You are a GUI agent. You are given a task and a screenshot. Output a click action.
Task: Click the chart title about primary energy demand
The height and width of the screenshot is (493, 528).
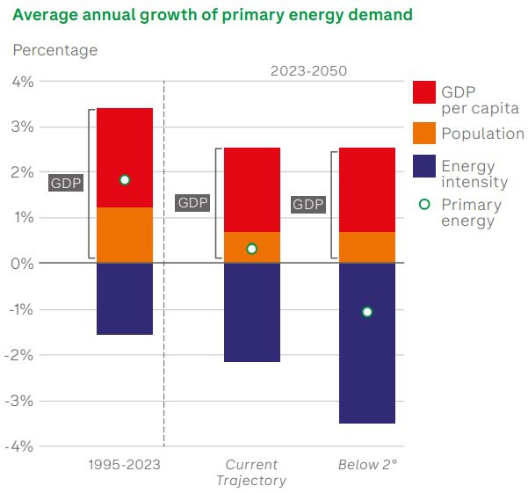click(x=213, y=16)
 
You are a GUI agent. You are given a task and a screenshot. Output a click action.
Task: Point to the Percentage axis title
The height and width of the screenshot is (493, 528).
click(x=54, y=50)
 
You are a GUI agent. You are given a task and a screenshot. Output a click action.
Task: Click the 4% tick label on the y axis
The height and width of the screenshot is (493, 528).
click(x=23, y=82)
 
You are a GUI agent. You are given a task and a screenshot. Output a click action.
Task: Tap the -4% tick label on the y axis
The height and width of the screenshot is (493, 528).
click(x=20, y=446)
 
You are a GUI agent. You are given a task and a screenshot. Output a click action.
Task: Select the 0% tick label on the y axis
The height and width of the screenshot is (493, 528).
click(x=23, y=264)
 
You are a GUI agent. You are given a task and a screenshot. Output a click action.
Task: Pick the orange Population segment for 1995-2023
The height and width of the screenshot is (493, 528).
click(x=125, y=236)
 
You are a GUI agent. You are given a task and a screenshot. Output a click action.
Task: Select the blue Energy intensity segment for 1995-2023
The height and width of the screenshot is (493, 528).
click(x=125, y=299)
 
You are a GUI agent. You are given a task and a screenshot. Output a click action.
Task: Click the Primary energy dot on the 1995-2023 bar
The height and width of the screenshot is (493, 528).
click(x=125, y=179)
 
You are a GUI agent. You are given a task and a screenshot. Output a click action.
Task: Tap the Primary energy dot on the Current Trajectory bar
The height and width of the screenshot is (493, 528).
click(x=252, y=249)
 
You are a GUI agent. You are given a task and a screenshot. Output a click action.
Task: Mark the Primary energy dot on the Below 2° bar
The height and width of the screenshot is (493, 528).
click(x=367, y=312)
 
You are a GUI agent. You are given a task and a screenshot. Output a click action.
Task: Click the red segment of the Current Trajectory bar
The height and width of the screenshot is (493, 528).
click(x=252, y=190)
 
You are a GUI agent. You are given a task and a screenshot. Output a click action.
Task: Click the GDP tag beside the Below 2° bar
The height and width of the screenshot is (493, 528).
click(x=308, y=204)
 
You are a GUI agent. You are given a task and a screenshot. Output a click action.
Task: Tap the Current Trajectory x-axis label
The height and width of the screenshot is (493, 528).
click(x=251, y=472)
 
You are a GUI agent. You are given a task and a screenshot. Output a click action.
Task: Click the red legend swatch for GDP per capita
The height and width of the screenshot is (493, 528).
click(x=424, y=91)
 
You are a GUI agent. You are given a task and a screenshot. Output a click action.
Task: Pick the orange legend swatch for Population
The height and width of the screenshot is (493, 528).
click(x=424, y=134)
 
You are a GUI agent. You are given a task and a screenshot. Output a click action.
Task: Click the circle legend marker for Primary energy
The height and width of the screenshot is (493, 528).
click(x=424, y=204)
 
